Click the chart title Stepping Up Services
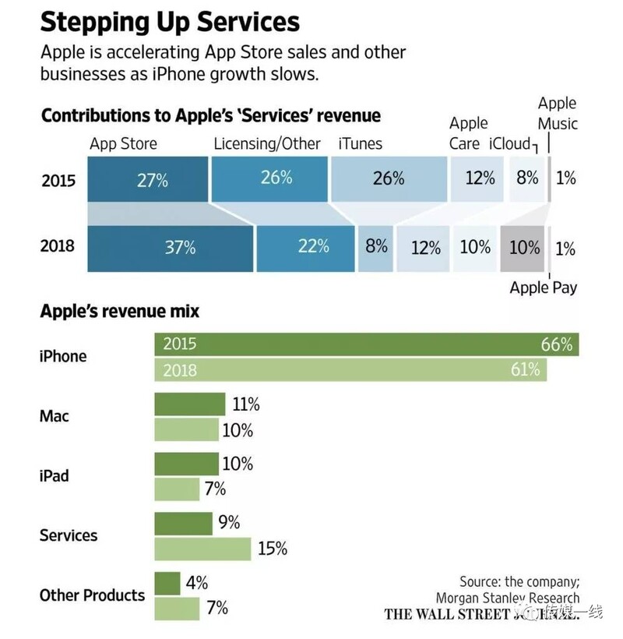[x=170, y=22]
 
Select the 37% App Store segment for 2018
[x=171, y=248]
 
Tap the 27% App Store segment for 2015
[x=148, y=179]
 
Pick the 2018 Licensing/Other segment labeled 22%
[x=305, y=248]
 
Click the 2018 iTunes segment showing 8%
[x=375, y=248]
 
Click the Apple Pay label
[x=543, y=288]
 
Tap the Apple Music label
[x=558, y=113]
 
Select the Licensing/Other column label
[x=267, y=143]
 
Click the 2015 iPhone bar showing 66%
[x=366, y=344]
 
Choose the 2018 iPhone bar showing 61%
[x=350, y=369]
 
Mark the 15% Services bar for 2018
[x=202, y=549]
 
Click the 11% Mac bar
[x=189, y=404]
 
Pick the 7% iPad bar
[x=177, y=489]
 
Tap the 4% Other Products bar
[x=167, y=583]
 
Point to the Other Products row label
[x=92, y=595]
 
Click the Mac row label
[x=55, y=416]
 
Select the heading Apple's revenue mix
[x=119, y=312]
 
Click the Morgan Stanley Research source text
[x=507, y=598]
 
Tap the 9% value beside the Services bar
[x=229, y=523]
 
